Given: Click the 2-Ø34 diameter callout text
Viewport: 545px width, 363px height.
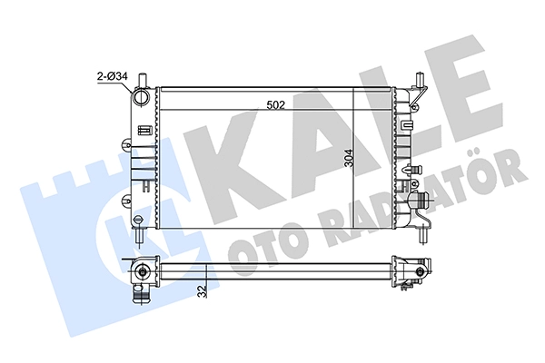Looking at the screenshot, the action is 113,76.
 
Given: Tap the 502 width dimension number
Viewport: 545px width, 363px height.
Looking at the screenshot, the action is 275,104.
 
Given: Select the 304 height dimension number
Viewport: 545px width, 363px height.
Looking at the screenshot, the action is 348,158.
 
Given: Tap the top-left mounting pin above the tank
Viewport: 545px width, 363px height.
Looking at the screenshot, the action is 143,80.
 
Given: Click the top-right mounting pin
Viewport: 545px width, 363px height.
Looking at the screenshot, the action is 421,80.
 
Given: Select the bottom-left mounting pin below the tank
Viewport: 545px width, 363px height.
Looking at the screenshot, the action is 140,236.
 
